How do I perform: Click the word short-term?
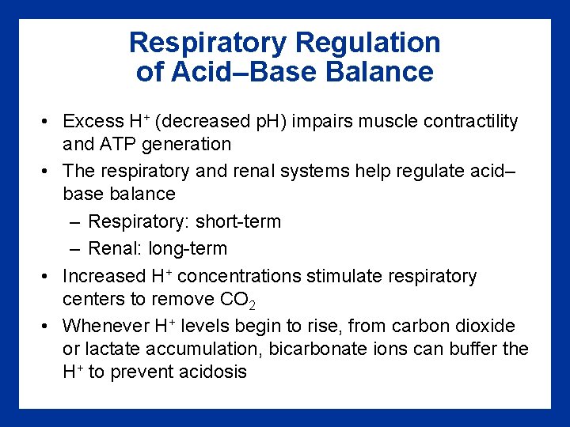coord(238,221)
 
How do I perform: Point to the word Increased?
coord(100,276)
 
